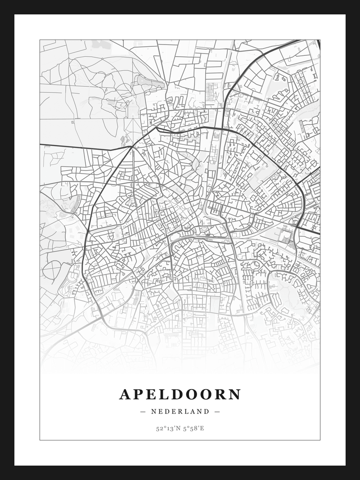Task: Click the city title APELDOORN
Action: point(180,395)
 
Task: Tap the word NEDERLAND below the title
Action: point(180,411)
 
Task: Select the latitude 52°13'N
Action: point(167,428)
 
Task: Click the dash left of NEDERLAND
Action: point(143,411)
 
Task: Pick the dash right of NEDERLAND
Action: point(217,411)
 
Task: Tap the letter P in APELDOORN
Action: point(139,395)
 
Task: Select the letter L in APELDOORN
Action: point(166,395)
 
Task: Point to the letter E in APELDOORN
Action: point(153,395)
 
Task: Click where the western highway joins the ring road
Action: point(131,147)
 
